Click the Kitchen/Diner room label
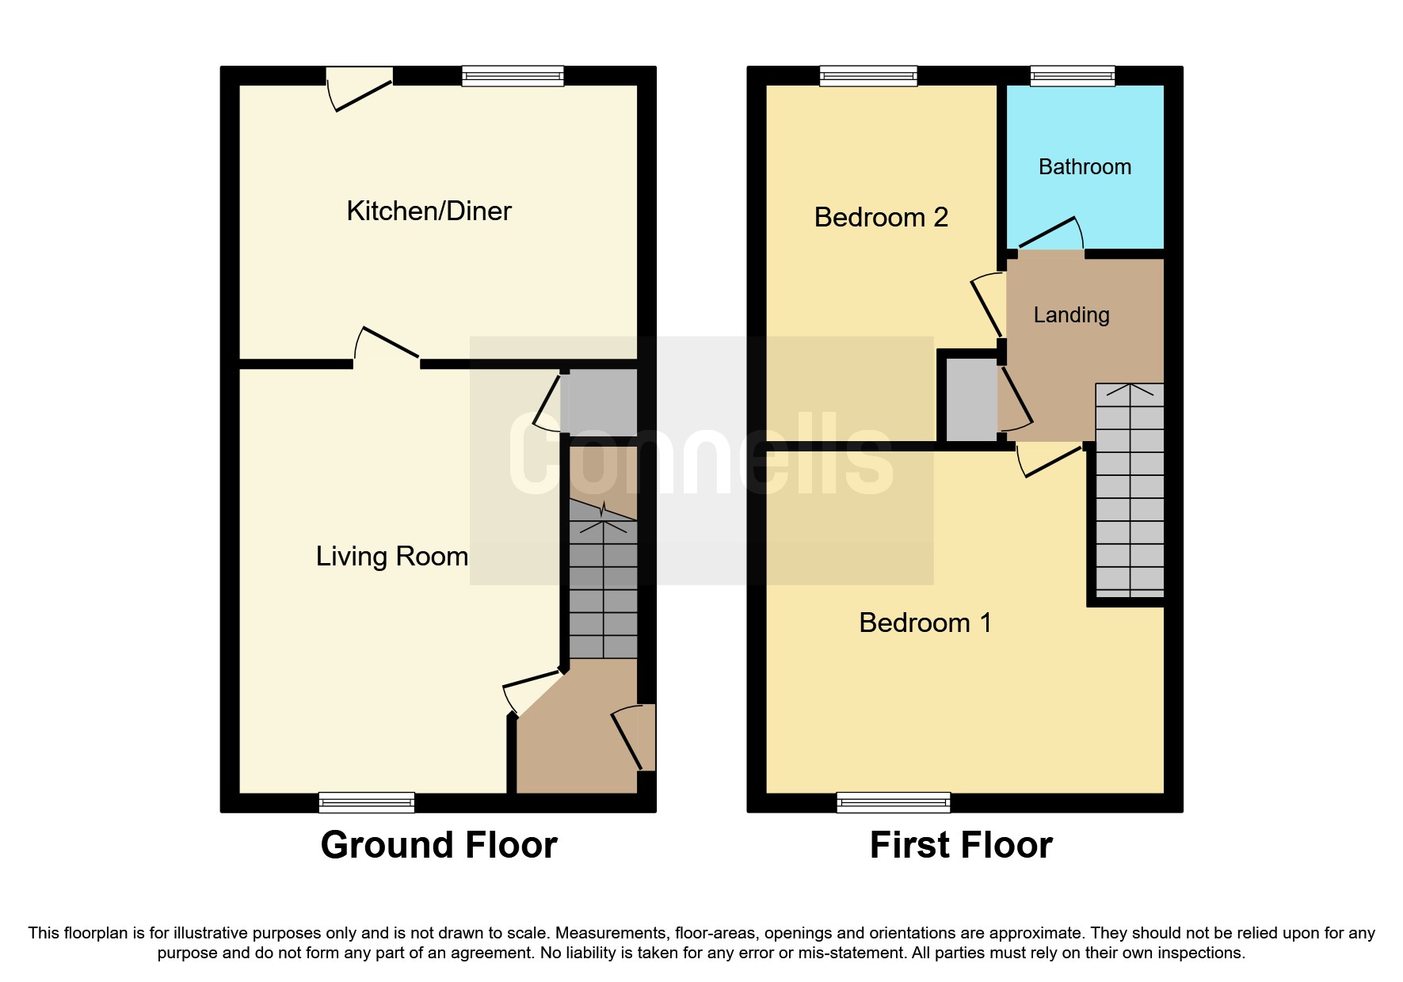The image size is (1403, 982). click(x=429, y=211)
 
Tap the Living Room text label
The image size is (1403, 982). click(x=391, y=557)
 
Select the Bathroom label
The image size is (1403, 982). click(x=1085, y=167)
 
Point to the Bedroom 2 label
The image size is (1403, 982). click(x=881, y=217)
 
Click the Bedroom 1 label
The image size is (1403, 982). click(x=925, y=622)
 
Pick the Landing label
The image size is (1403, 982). click(x=1071, y=315)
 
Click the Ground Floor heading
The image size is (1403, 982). click(x=438, y=845)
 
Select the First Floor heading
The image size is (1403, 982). click(x=960, y=845)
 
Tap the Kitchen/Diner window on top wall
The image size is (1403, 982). click(x=513, y=76)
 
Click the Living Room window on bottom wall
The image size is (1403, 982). click(x=367, y=802)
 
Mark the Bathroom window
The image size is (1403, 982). click(x=1073, y=76)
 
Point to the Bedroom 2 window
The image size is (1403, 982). click(x=868, y=76)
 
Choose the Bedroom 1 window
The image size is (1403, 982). click(x=893, y=802)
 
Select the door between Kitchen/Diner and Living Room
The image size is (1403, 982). click(x=387, y=348)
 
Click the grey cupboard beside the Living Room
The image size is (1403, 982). click(x=598, y=402)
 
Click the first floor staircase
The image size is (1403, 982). click(x=1130, y=491)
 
